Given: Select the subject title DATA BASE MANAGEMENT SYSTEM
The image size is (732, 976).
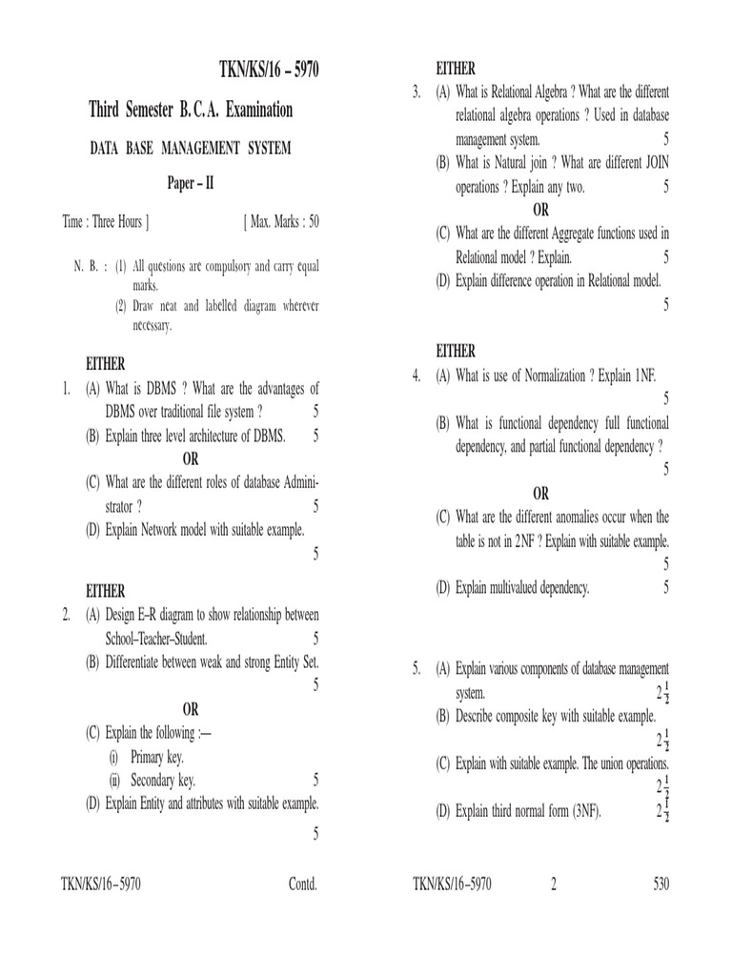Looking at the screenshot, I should point(190,148).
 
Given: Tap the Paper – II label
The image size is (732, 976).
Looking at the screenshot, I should point(191,183).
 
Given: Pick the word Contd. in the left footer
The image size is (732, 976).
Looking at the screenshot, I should point(302,884).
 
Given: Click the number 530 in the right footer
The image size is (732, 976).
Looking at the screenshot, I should point(661,884).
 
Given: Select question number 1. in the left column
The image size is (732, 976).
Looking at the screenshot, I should point(67,389).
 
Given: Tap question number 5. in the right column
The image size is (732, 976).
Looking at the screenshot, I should point(417,669).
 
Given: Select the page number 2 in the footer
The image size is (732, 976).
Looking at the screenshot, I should point(552,884).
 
